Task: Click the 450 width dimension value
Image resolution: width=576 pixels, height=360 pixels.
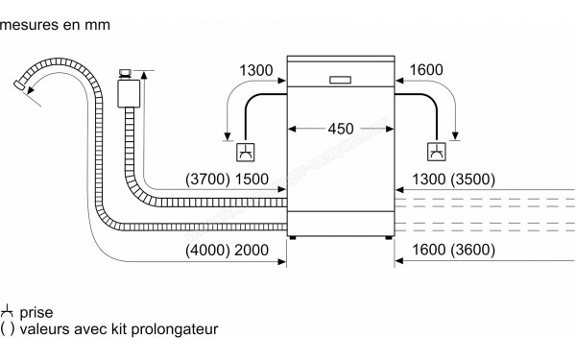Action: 340,129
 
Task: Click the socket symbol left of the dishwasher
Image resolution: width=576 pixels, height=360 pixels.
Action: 245,151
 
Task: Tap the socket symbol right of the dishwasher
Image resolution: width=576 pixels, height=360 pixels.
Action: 436,151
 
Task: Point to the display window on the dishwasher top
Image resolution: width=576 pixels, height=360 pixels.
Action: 341,79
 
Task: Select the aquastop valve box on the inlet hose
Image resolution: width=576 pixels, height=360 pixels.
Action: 126,92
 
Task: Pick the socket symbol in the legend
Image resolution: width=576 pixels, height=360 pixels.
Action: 8,312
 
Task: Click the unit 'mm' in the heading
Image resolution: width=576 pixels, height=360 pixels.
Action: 91,27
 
